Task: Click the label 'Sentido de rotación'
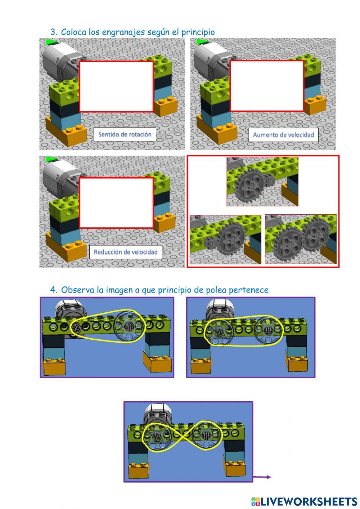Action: coord(125,134)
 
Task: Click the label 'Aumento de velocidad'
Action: coord(283,135)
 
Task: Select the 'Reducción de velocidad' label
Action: coord(125,252)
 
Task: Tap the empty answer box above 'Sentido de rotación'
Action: coord(116,86)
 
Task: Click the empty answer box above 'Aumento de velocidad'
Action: coord(267,86)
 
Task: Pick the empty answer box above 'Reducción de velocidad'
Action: coord(116,203)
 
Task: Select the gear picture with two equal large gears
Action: coord(300,239)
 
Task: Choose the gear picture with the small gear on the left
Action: coord(225,239)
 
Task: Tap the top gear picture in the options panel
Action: coord(262,182)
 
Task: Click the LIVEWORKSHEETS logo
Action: coord(304,501)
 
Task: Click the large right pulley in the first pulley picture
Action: coord(129,326)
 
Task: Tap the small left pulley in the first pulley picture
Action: coord(76,327)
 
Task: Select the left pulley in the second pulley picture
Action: coord(219,331)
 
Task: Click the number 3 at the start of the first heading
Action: coord(53,32)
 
